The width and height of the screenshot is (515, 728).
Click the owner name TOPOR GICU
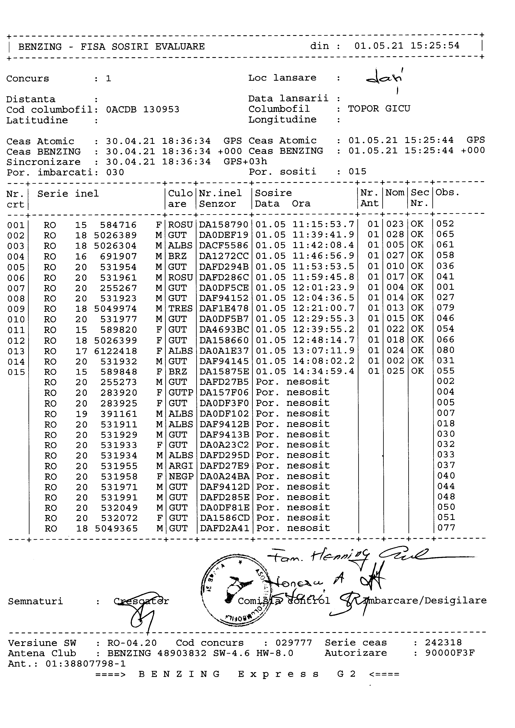(x=379, y=109)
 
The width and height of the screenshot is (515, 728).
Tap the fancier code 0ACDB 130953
(x=143, y=110)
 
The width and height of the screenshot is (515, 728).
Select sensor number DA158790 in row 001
(x=224, y=224)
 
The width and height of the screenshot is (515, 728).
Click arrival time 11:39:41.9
(x=323, y=235)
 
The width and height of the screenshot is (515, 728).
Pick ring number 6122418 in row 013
(x=116, y=351)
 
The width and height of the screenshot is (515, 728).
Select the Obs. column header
(x=448, y=192)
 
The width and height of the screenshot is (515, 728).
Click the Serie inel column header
(x=68, y=194)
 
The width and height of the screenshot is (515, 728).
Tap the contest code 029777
(x=294, y=643)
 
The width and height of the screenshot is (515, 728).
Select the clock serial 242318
(x=443, y=642)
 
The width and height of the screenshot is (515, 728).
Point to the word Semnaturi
(x=36, y=601)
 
